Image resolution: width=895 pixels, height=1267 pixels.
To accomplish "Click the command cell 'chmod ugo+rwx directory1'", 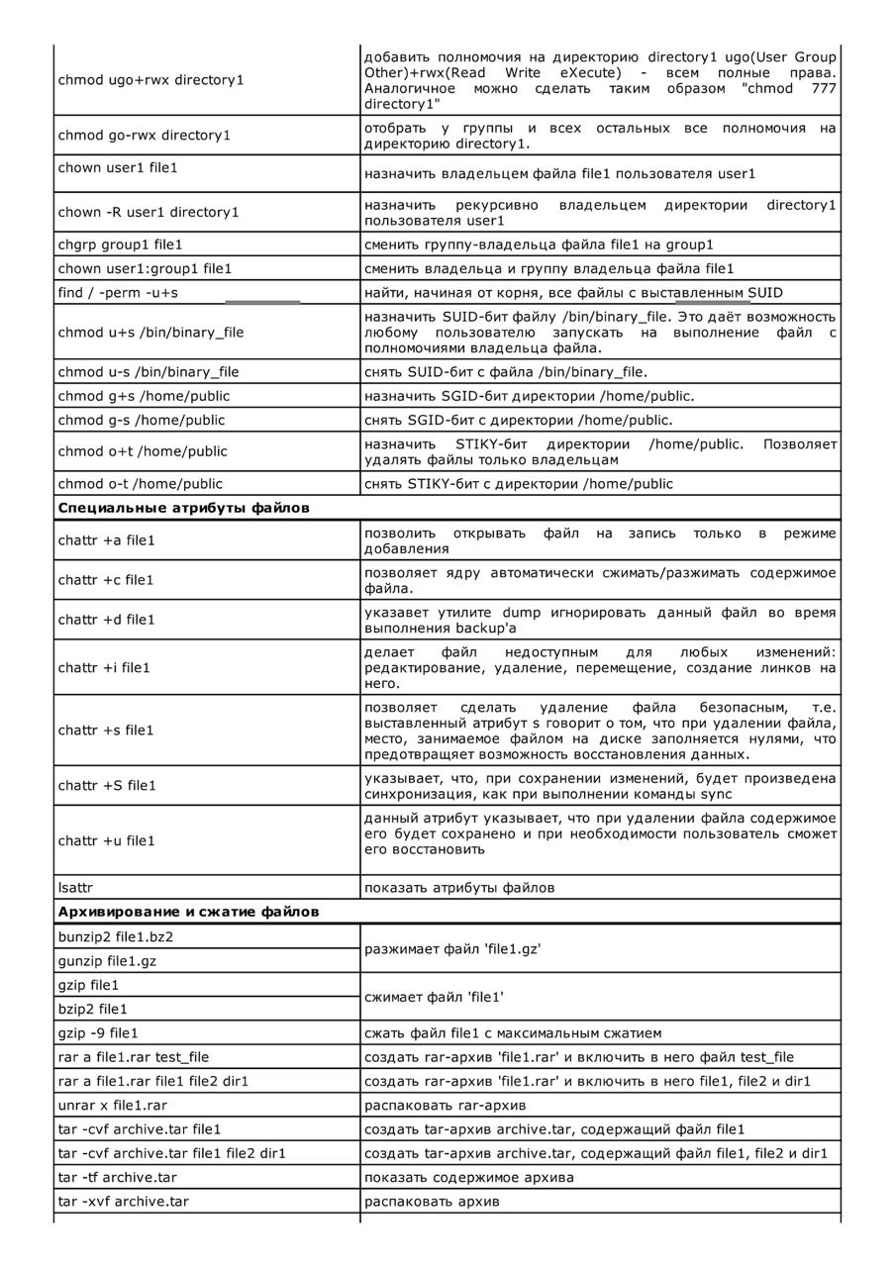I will tap(150, 79).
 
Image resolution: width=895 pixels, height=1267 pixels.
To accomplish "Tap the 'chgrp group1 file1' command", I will tap(120, 244).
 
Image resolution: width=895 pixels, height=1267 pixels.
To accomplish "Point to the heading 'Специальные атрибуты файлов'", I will tap(184, 508).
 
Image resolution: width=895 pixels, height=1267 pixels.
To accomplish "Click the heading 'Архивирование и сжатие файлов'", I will tap(188, 911).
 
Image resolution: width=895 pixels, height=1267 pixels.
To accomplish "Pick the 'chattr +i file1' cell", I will tap(104, 667).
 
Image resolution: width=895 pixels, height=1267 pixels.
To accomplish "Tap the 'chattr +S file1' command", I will tap(107, 785).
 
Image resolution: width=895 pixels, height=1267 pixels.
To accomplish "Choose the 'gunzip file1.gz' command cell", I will tap(107, 960).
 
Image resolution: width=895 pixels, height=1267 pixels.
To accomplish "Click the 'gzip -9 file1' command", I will tap(98, 1032).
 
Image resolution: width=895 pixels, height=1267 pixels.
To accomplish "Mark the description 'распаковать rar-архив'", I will tap(445, 1105).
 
